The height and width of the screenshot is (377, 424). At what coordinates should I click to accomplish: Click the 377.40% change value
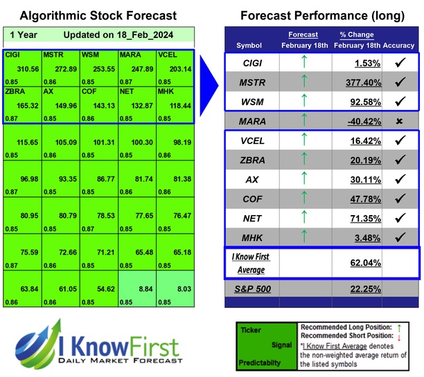353,82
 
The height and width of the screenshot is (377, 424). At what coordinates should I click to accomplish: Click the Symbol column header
249,45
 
